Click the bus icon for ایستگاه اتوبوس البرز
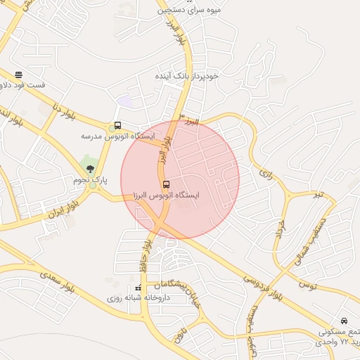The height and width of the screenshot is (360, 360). (x=166, y=185)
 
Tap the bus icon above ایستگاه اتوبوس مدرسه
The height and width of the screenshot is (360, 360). (x=117, y=126)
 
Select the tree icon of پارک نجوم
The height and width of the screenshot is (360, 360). (x=89, y=168)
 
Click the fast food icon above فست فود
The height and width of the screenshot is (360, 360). (x=18, y=74)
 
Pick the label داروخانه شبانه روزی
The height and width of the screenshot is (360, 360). (x=144, y=298)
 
